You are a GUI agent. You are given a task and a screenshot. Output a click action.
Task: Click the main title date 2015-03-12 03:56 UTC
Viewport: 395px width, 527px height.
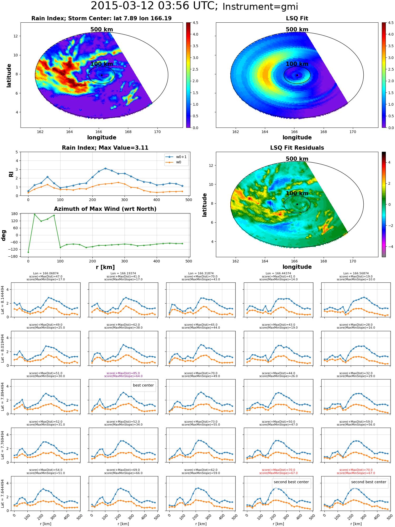[154, 6]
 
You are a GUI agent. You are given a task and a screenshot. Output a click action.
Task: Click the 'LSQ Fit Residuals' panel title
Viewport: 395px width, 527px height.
[297, 148]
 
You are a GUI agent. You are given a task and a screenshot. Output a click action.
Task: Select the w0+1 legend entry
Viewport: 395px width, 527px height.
[176, 157]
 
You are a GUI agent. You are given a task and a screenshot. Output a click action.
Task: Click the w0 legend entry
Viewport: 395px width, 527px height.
[174, 162]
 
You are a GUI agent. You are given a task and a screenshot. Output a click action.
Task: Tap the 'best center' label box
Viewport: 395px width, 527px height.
[143, 385]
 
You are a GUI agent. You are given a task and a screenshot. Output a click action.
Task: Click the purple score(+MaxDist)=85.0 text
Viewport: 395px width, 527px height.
[123, 373]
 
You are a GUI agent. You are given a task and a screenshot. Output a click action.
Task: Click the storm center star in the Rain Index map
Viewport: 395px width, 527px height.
[102, 75]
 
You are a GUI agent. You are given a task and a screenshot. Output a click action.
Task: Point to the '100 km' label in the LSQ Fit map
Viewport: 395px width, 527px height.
[297, 64]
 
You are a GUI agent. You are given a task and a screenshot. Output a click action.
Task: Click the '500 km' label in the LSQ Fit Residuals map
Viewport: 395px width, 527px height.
[297, 159]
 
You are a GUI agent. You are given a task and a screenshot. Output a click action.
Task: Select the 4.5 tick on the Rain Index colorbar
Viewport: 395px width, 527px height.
[195, 23]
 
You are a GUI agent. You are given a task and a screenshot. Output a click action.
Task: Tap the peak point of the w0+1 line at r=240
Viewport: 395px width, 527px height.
[105, 168]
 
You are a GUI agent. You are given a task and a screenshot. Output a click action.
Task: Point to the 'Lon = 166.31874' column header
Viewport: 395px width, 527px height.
[201, 274]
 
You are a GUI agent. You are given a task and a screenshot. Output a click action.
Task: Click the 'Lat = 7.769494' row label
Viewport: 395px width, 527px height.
[3, 445]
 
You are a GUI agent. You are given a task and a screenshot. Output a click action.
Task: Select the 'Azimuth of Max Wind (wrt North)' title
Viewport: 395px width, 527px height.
[105, 209]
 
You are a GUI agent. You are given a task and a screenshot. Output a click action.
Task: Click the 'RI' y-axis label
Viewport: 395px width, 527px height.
[11, 174]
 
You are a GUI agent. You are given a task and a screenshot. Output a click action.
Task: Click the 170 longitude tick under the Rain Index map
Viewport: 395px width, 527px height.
[157, 132]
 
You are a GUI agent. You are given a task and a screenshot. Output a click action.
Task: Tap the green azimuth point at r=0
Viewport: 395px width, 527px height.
[28, 252]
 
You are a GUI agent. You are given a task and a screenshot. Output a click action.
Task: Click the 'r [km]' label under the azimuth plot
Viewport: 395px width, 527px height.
[105, 267]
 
